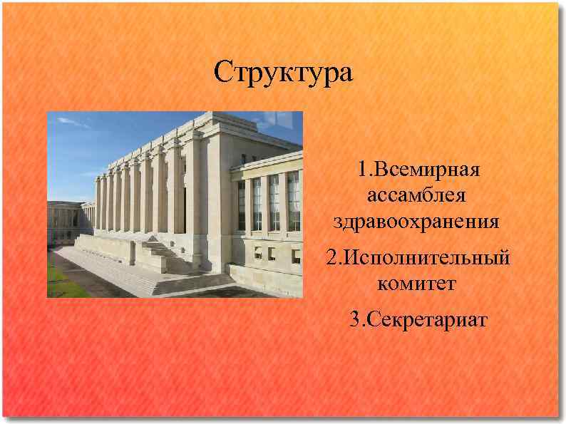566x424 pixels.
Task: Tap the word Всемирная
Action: (x=427, y=171)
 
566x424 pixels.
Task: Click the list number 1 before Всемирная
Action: (x=362, y=171)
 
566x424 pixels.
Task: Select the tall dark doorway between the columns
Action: (x=183, y=203)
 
